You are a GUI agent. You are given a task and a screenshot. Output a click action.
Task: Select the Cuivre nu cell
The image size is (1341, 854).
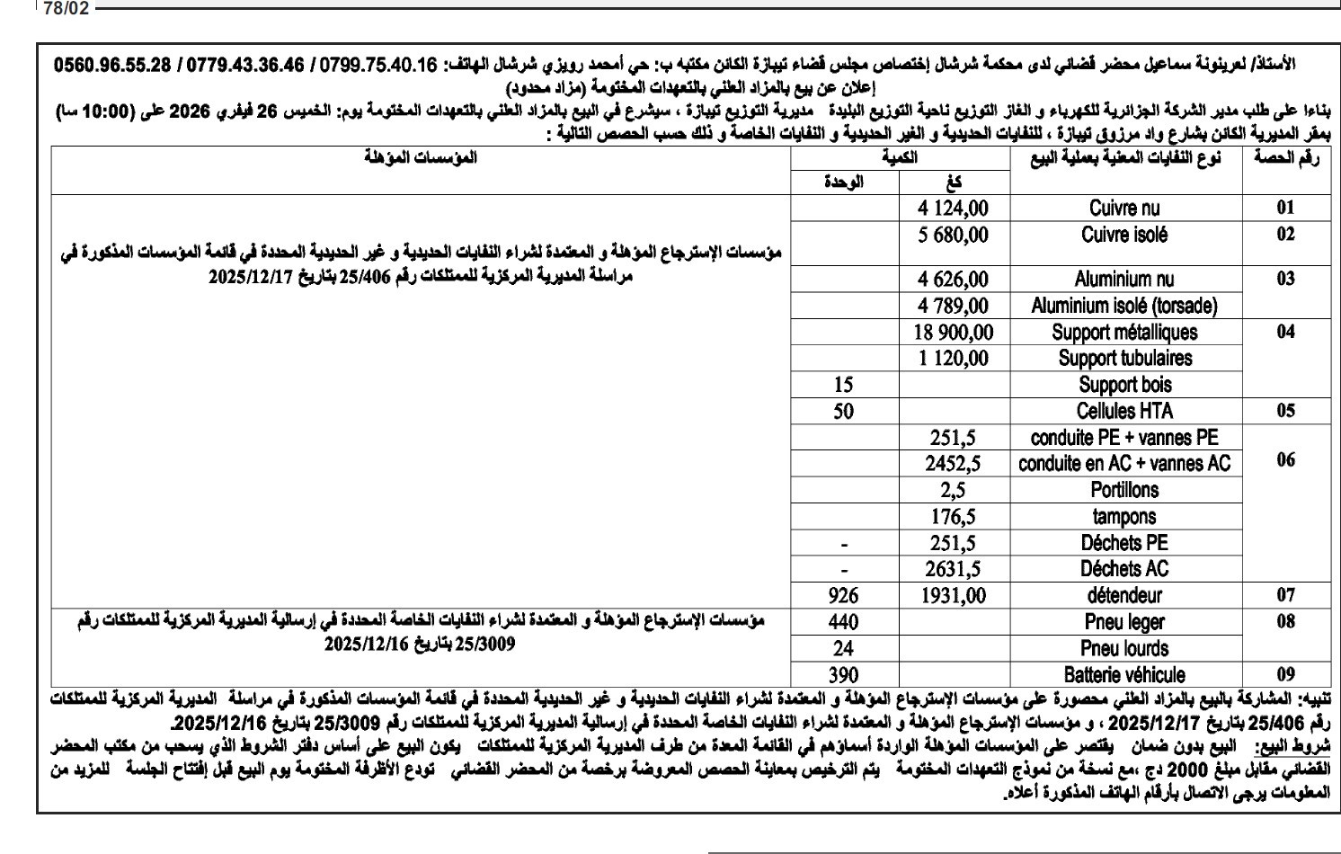click(1124, 209)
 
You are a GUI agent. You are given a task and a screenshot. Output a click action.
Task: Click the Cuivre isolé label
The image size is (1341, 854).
click(1124, 236)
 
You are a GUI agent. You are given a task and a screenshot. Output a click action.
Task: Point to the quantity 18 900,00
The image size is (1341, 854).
click(954, 333)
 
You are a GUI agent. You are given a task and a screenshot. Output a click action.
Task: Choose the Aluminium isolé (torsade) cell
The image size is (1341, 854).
click(1123, 306)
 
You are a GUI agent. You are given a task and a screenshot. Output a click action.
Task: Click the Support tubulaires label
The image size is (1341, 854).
click(1124, 359)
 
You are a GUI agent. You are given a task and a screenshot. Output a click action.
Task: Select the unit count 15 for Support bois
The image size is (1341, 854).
click(843, 386)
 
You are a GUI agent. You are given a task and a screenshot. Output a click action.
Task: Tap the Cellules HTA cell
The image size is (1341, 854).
click(1124, 412)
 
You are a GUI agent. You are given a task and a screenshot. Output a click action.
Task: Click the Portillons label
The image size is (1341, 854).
click(1124, 491)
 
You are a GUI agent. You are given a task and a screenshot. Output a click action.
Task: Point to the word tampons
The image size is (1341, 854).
click(1124, 517)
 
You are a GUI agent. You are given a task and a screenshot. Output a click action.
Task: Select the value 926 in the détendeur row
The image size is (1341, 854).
click(843, 595)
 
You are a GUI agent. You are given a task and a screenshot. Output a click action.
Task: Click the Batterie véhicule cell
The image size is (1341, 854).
click(1124, 674)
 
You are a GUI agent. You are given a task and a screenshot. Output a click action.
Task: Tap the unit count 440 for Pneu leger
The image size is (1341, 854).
click(843, 622)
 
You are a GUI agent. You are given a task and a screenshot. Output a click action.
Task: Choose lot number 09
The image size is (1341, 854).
click(1285, 674)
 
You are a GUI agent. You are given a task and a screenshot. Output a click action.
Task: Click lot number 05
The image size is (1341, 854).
click(1285, 412)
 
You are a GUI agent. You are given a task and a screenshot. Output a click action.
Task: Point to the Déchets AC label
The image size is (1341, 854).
click(1124, 569)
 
